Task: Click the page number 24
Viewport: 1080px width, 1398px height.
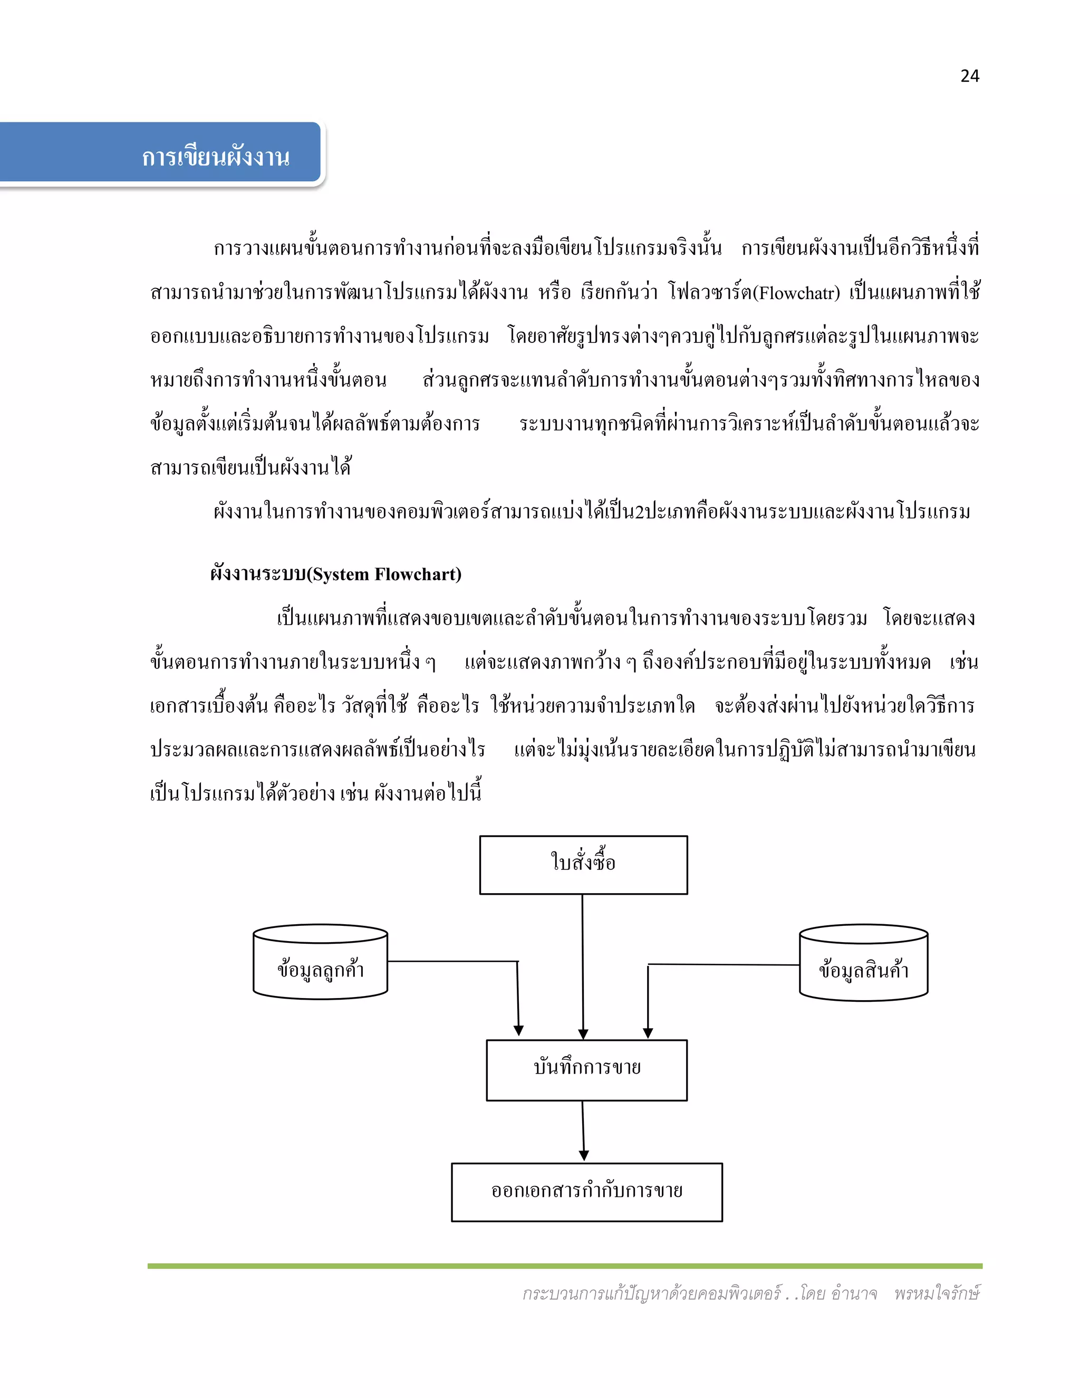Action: pos(969,76)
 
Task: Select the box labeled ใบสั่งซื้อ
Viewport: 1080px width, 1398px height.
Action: pos(584,864)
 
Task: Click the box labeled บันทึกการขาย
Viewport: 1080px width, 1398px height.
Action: pos(587,1070)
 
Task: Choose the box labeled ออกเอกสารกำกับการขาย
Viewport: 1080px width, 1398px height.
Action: pos(587,1192)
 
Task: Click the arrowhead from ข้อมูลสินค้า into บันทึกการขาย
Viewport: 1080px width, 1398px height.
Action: pos(648,1032)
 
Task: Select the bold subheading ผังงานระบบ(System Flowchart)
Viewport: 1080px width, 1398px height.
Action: pos(336,574)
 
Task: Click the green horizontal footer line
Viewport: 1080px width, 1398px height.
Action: pos(564,1266)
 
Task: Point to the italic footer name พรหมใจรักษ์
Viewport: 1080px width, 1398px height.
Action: pos(937,1294)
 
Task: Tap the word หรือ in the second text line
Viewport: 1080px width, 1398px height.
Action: pos(554,293)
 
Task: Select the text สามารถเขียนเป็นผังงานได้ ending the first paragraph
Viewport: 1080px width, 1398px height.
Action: pos(251,467)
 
